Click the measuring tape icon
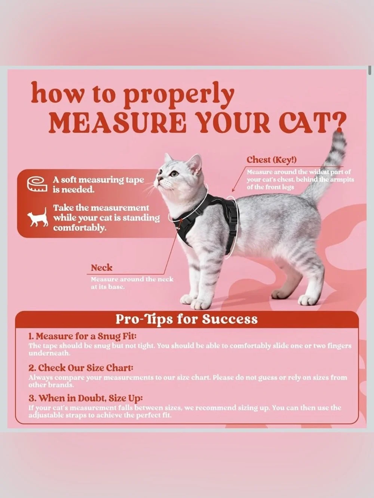37,184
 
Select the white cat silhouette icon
38,217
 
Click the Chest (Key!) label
272,160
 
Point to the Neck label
101,268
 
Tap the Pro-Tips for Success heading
187,319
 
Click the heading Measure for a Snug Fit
82,336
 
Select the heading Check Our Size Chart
81,368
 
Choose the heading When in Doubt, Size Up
86,398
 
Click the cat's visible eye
175,174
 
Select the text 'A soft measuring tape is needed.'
99,185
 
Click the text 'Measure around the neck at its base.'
132,283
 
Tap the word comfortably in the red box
80,228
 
